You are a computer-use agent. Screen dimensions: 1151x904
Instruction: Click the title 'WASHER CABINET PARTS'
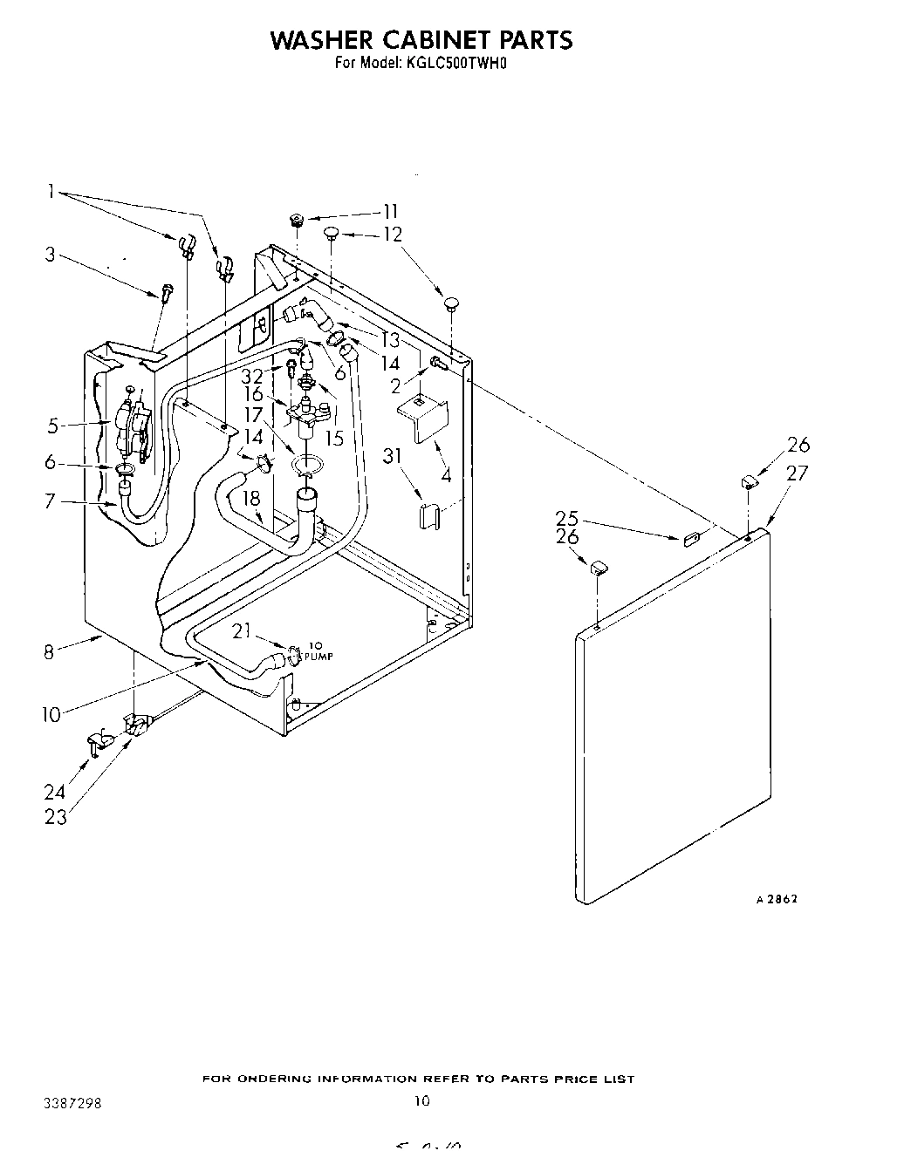pyautogui.click(x=421, y=40)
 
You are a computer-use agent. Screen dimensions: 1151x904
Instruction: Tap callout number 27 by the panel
pyautogui.click(x=797, y=473)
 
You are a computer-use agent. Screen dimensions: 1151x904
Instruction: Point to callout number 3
pyautogui.click(x=51, y=255)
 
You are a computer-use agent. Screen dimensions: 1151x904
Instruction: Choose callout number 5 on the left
pyautogui.click(x=52, y=426)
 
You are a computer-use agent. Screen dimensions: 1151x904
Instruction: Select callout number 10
pyautogui.click(x=51, y=715)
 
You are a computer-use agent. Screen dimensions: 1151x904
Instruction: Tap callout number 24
pyautogui.click(x=54, y=793)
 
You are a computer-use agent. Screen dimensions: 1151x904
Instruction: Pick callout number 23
pyautogui.click(x=56, y=817)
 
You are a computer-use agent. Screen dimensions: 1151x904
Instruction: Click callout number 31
pyautogui.click(x=394, y=454)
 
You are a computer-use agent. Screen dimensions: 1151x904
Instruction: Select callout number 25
pyautogui.click(x=567, y=518)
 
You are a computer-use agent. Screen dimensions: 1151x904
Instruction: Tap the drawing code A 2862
pyautogui.click(x=776, y=899)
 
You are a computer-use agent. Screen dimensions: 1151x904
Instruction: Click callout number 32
pyautogui.click(x=252, y=377)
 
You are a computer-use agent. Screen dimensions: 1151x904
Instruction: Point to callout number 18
pyautogui.click(x=251, y=498)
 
